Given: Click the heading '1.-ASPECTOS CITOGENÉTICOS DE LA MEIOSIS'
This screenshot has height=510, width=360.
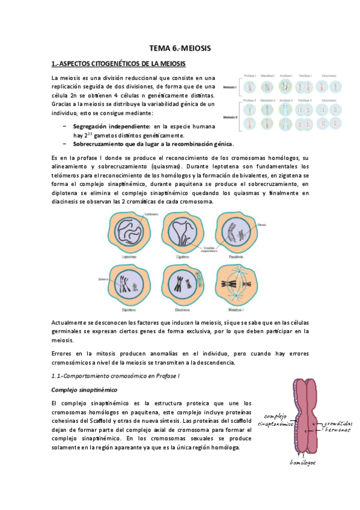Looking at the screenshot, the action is click(119, 63).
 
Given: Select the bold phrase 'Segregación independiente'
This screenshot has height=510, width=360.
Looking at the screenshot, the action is click(111, 127).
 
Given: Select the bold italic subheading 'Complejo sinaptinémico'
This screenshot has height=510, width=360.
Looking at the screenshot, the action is click(84, 389).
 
